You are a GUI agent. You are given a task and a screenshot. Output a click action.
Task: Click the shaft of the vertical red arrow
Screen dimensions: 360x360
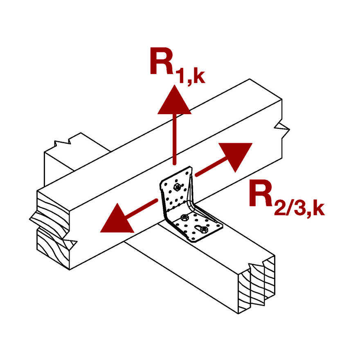[175, 139]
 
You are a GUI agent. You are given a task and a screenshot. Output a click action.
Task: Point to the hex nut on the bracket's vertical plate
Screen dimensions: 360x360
[177, 187]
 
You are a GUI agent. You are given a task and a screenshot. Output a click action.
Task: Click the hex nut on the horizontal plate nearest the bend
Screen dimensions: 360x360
[184, 217]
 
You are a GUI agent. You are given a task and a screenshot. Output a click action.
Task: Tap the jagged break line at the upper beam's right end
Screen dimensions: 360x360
[282, 127]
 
